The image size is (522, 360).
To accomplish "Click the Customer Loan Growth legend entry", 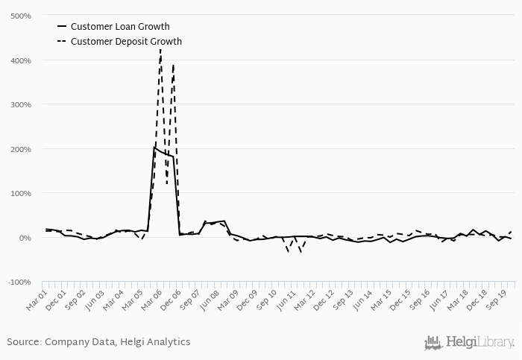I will tap(119, 27).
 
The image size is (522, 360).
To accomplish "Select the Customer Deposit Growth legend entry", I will tap(126, 42).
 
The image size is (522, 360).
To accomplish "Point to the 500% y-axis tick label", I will tap(20, 16).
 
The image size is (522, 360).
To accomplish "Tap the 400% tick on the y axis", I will tap(20, 60).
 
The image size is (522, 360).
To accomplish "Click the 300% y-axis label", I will tap(20, 104).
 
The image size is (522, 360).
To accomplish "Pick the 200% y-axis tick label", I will tap(20, 149).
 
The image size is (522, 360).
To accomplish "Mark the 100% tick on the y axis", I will tap(20, 193).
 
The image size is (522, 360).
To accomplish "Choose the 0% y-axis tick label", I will tap(24, 238).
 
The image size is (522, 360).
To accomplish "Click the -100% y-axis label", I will tap(19, 282).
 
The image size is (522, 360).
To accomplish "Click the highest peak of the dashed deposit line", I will tap(160, 49).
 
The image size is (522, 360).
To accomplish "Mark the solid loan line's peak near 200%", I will tap(154, 148).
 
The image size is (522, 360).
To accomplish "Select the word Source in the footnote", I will tap(22, 342).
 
